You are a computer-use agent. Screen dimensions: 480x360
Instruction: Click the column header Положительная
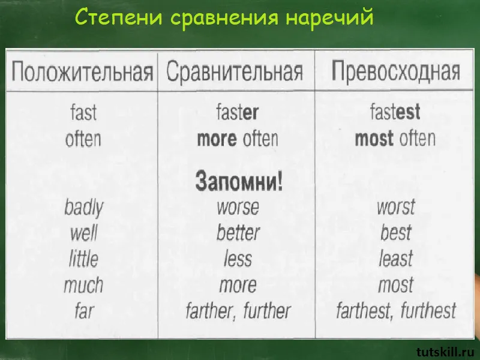click(82, 72)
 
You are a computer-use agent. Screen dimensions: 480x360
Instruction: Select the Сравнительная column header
click(235, 72)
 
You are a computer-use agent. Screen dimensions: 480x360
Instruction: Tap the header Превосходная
click(396, 71)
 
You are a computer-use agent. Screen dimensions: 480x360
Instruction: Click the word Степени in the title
click(118, 17)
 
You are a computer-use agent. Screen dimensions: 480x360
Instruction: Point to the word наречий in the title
click(329, 17)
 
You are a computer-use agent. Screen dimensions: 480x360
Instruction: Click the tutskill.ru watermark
click(447, 352)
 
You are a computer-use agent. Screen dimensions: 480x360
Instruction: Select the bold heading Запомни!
click(239, 181)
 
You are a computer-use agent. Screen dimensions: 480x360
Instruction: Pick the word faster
click(237, 112)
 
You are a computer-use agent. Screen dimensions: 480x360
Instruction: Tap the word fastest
click(395, 112)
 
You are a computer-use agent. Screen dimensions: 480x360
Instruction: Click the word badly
click(84, 208)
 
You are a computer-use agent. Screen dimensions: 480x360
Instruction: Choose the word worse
click(238, 208)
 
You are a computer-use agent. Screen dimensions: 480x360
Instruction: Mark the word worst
click(396, 207)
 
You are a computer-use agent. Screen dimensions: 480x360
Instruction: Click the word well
click(83, 233)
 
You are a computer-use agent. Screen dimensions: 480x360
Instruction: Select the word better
click(238, 233)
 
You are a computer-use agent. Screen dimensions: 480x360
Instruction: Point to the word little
click(83, 259)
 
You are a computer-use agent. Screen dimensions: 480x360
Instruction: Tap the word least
click(396, 259)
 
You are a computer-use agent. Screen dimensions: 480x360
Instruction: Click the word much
click(83, 285)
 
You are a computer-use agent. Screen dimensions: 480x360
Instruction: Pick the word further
click(266, 311)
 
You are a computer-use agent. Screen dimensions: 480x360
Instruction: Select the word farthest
click(362, 311)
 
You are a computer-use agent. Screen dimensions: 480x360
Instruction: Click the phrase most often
click(395, 139)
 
